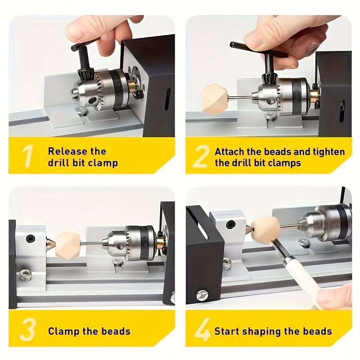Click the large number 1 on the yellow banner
pos(28,156)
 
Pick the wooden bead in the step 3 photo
pos(67,245)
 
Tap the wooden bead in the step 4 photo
pos(264,229)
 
